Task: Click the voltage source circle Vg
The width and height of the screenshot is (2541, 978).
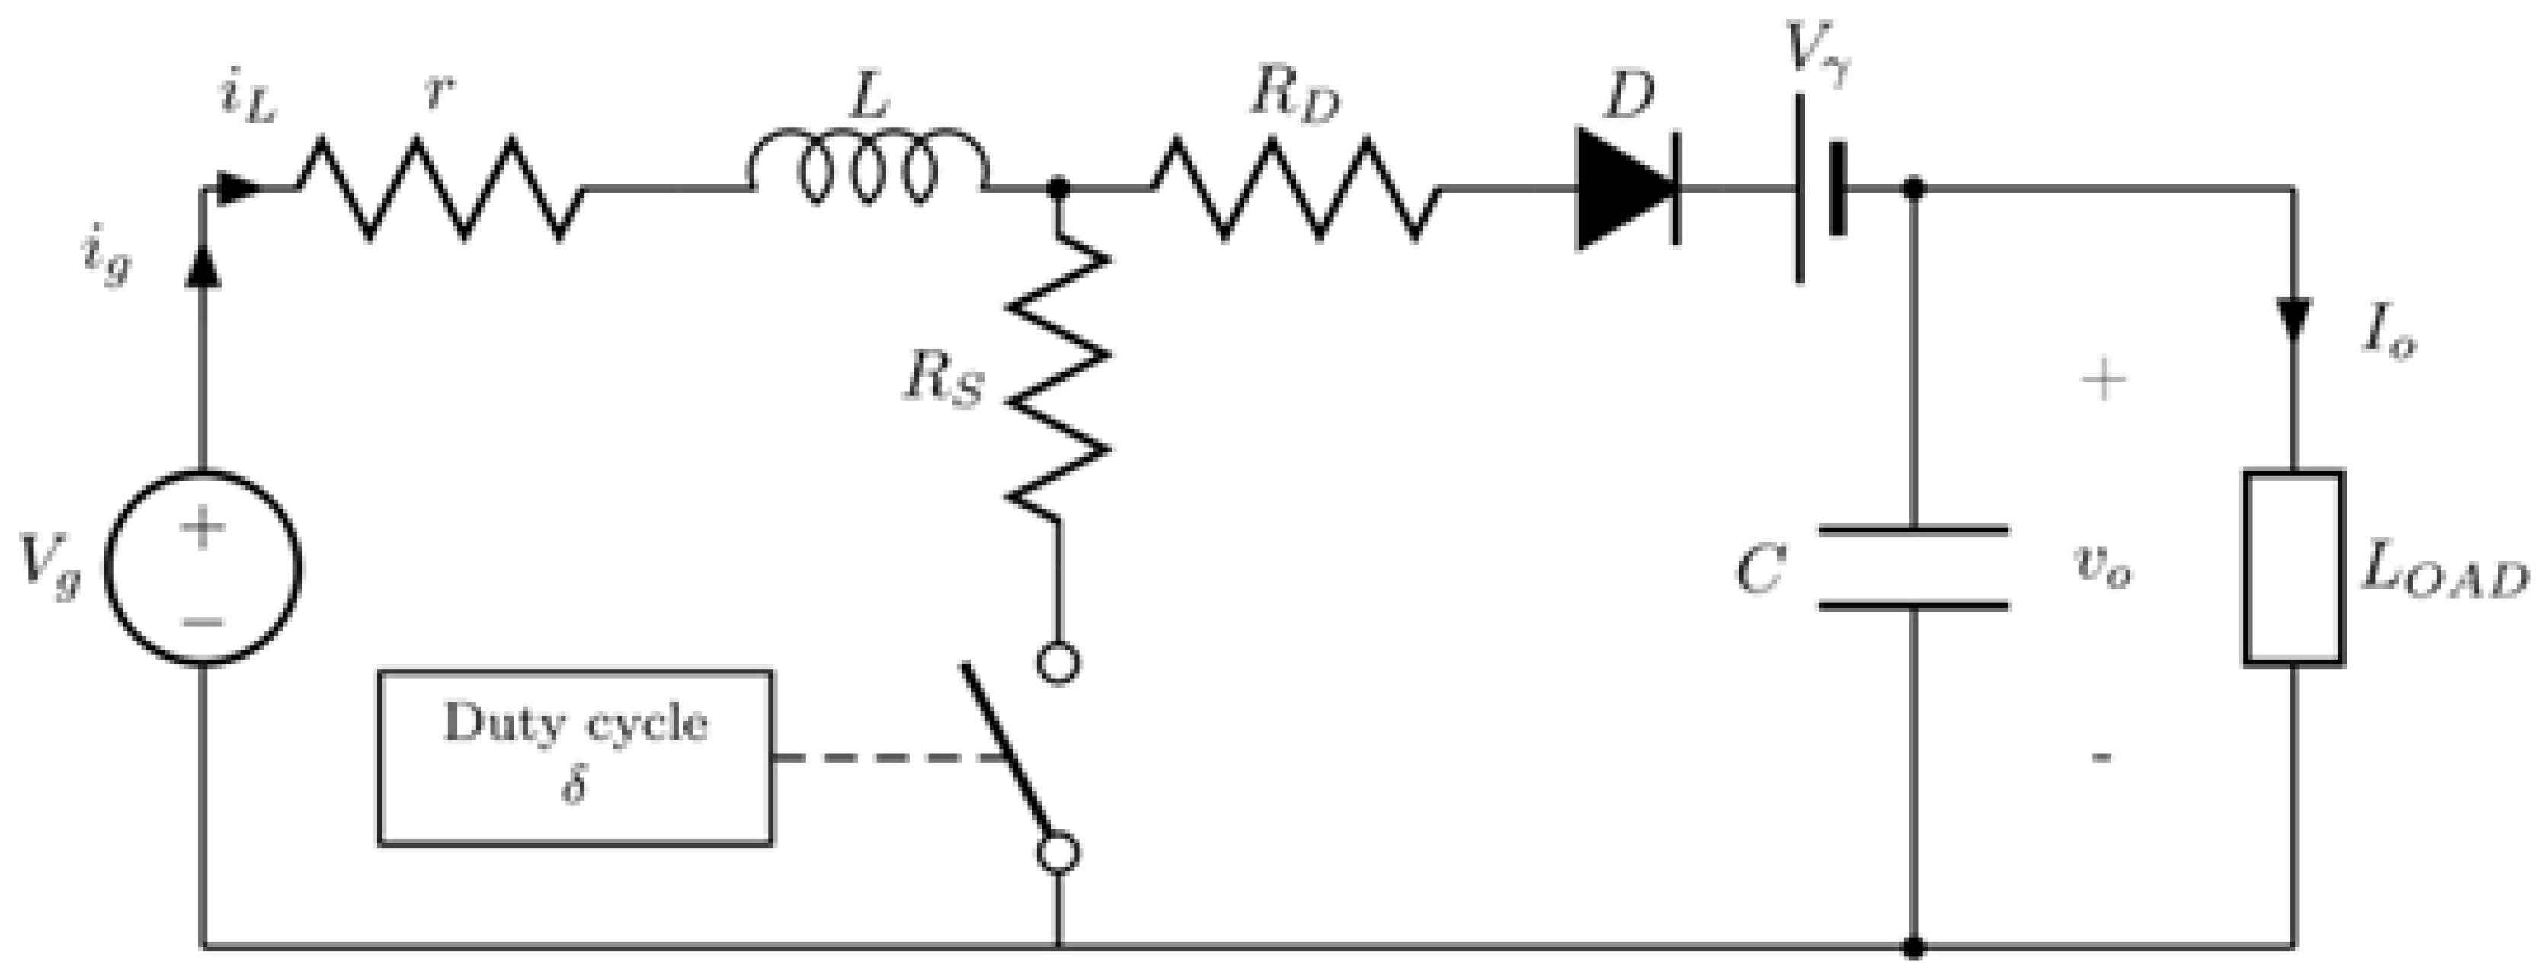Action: click(x=203, y=569)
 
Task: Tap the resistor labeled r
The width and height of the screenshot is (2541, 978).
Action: click(x=439, y=188)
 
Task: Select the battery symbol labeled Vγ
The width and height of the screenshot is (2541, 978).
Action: click(x=1818, y=188)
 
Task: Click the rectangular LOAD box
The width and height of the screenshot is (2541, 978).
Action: click(x=2293, y=569)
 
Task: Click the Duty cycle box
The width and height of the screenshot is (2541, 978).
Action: click(x=575, y=757)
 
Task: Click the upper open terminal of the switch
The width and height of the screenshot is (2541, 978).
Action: click(x=1058, y=663)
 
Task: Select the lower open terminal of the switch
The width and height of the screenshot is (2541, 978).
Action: click(x=1058, y=854)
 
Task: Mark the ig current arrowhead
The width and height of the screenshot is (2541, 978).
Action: click(x=203, y=266)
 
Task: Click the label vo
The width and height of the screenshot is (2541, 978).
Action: click(x=2101, y=567)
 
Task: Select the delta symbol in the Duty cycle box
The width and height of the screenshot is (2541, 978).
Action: click(x=574, y=788)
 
